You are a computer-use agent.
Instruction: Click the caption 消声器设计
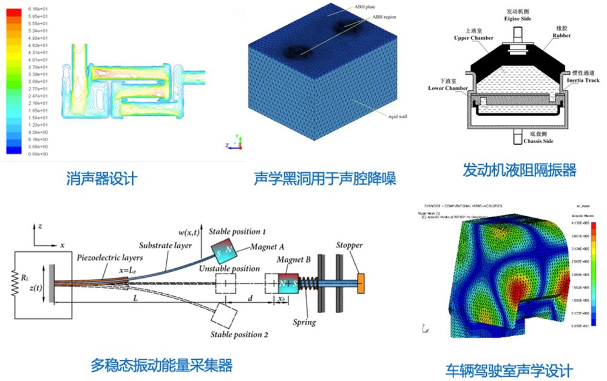[x=101, y=178]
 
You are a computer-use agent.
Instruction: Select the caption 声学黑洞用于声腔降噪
[x=325, y=179]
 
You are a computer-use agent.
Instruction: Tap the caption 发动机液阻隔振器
[x=519, y=169]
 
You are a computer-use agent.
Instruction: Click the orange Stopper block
[x=361, y=283]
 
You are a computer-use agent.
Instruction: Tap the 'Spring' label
[x=303, y=322]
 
